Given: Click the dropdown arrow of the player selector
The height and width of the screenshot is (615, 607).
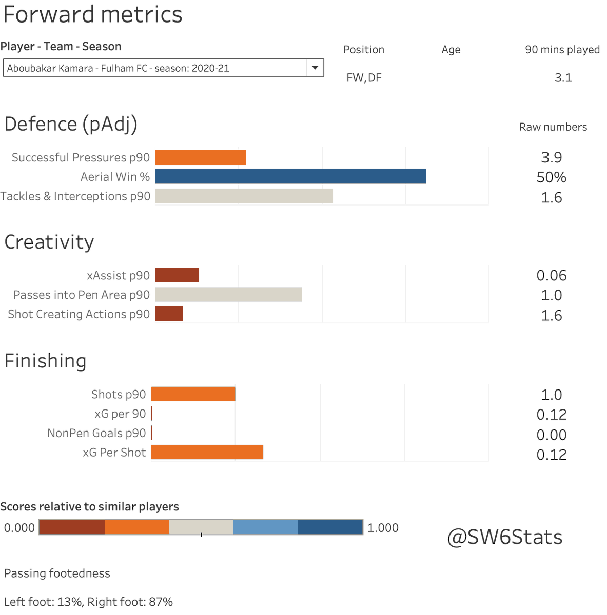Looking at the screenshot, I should (x=315, y=68).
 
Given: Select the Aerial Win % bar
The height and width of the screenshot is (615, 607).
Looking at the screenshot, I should (x=290, y=176).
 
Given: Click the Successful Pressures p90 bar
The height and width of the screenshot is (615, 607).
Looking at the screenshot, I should (x=201, y=157).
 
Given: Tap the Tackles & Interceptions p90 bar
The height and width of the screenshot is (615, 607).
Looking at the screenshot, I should (x=244, y=196).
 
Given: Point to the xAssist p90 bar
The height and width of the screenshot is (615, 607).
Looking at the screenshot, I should (x=177, y=275).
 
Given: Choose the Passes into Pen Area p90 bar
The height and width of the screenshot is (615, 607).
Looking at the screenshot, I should (x=229, y=295).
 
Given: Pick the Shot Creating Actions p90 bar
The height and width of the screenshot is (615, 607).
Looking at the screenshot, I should (x=169, y=314).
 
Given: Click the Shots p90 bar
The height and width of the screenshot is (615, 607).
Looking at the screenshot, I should (x=193, y=394).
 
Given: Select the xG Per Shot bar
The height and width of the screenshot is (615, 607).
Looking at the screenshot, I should (x=207, y=452).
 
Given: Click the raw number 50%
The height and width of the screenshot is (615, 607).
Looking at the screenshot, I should (x=552, y=177).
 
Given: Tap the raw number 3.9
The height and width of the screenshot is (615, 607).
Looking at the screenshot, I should (x=552, y=157).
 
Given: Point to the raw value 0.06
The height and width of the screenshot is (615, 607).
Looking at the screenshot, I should (x=552, y=275).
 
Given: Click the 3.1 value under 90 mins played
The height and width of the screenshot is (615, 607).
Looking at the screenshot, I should (x=563, y=77).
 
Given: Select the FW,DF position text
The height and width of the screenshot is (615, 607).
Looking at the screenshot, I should (x=364, y=78).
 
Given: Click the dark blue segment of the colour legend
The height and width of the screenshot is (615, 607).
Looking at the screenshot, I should (x=330, y=527).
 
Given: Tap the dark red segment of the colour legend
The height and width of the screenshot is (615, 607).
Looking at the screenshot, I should (x=72, y=527).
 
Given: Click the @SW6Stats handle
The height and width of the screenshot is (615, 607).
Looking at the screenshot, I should (x=505, y=537).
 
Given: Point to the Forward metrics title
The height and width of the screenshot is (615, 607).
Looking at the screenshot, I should (x=93, y=14).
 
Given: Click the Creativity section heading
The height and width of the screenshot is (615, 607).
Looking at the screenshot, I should (x=49, y=242).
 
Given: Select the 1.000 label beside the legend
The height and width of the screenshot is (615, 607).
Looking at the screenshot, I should (x=383, y=528).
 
